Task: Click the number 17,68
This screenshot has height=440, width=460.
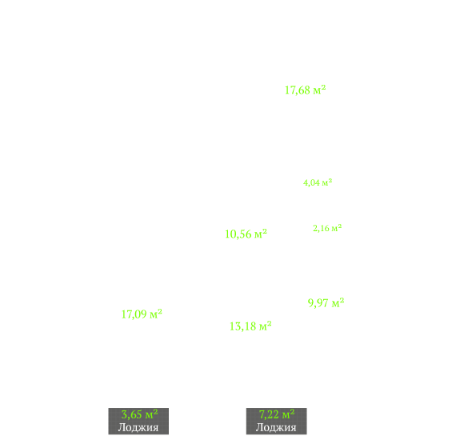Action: coord(298,90)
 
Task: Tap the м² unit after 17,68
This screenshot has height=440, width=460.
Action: coord(319,90)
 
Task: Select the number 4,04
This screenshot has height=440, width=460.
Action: coord(311,183)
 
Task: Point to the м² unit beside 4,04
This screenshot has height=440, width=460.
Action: coord(327,182)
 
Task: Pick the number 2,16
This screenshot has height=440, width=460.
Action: coord(321,229)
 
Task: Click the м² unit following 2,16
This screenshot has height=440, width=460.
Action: coord(337,228)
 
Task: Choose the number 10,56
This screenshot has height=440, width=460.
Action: coord(238,234)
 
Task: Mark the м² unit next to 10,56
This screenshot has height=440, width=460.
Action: coord(261,234)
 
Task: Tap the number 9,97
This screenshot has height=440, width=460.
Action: coord(318,303)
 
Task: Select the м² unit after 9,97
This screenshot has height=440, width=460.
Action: coord(338,302)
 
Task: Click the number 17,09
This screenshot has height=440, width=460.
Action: coord(134,314)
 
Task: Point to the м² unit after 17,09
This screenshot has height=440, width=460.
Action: coord(156,314)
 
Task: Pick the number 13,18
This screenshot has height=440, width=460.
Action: coord(242,326)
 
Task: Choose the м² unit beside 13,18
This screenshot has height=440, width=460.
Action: coord(266,326)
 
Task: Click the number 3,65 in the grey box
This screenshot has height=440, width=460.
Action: coord(132,414)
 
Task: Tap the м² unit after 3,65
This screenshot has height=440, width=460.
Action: coord(152,414)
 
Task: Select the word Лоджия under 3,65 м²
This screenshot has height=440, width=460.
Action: coord(138,427)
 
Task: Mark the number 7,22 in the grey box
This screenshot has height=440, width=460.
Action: coord(269,414)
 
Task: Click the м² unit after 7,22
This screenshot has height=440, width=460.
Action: coord(288,414)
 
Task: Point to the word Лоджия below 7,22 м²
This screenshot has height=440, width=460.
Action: coord(276,427)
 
